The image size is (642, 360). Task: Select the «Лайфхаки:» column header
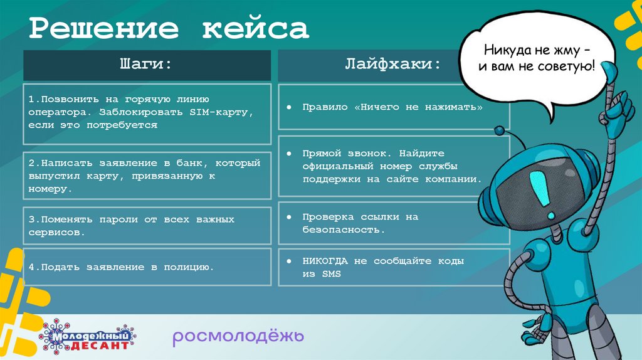pos(393,65)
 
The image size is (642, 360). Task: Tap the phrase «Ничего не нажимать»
pos(420,107)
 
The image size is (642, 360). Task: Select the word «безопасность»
pos(342,230)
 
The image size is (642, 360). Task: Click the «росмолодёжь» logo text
pos(238,337)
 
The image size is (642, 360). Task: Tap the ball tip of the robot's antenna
pos(500,130)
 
